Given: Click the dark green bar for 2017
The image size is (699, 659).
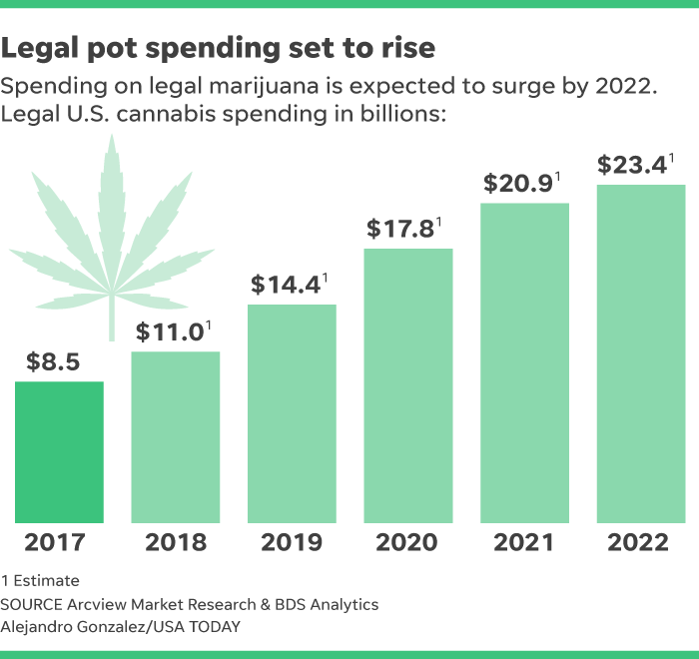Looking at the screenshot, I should tap(59, 451).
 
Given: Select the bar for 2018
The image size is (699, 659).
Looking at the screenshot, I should tap(176, 436).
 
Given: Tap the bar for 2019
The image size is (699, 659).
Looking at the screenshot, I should tap(292, 412).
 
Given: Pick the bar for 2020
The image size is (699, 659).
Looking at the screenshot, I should tap(408, 384).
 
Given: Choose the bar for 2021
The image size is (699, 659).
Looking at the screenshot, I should tap(524, 362).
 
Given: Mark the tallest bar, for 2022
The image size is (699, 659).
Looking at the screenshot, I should tap(641, 352).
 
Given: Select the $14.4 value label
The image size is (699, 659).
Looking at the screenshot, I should tap(286, 284).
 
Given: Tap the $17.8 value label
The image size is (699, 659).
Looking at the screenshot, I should tap(402, 228).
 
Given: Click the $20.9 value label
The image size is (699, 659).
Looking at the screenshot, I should tap(519, 183).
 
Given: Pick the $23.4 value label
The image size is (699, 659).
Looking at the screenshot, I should tap(635, 165).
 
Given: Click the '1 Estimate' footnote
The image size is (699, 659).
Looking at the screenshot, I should tap(41, 580).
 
